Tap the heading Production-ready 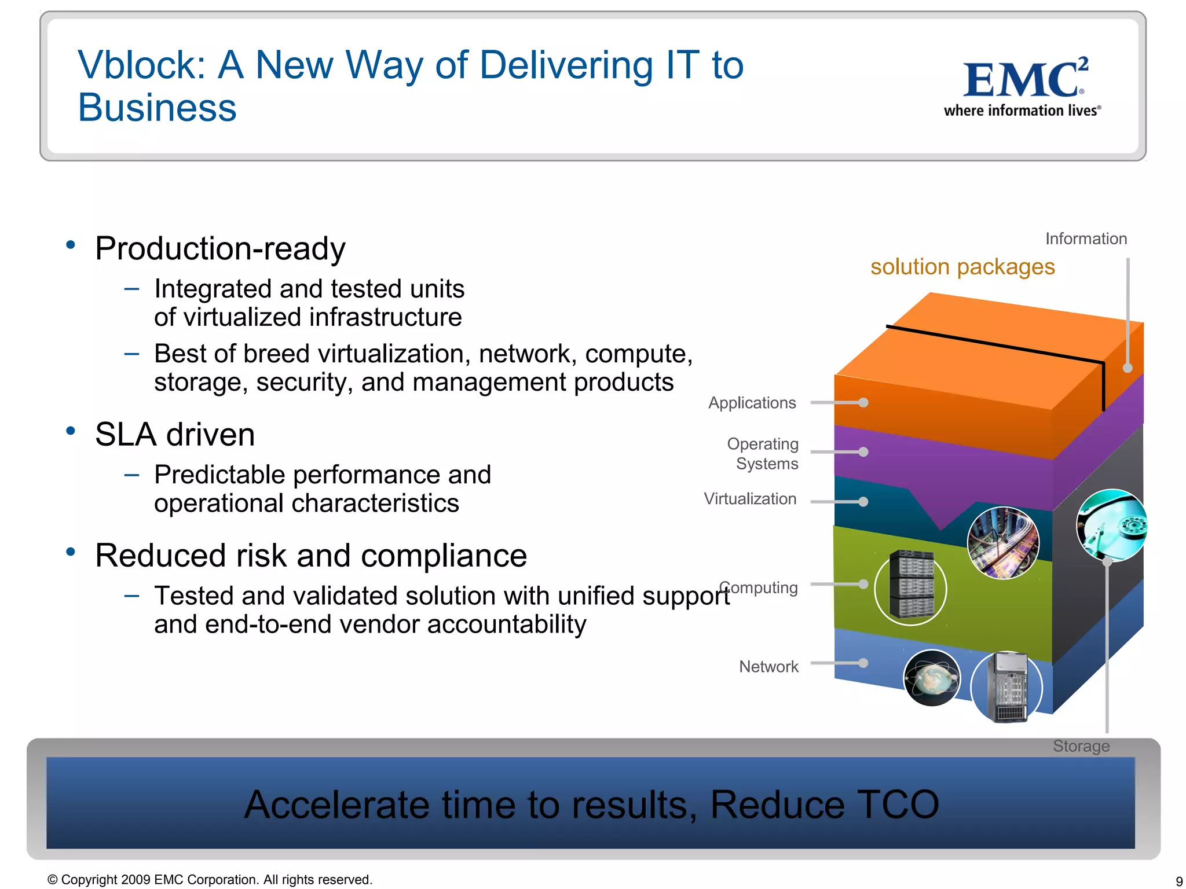[x=220, y=248]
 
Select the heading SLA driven [x=175, y=435]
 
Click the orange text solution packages [x=962, y=267]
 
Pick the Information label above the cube [x=1086, y=238]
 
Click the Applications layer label [x=752, y=403]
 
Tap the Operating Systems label [x=763, y=454]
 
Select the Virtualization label [x=750, y=499]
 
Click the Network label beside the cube [x=768, y=667]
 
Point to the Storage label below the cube [x=1081, y=746]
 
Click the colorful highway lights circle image [x=1003, y=543]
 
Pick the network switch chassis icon [x=1006, y=687]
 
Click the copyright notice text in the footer [x=210, y=880]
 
